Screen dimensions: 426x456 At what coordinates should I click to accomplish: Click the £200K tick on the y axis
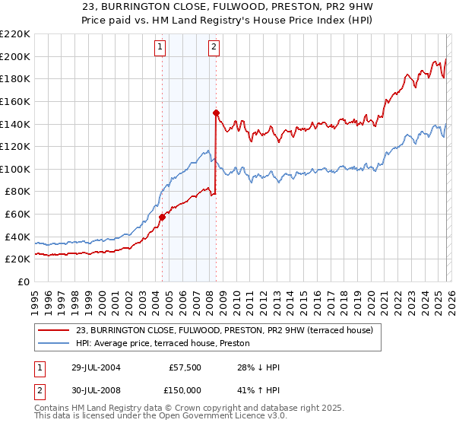(x=16, y=56)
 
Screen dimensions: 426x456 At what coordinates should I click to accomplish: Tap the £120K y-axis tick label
(x=16, y=147)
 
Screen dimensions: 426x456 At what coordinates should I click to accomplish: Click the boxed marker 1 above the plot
(x=161, y=47)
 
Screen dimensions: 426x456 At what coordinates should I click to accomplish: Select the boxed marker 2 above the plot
(x=214, y=47)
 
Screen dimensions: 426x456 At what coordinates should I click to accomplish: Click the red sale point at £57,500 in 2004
(x=162, y=217)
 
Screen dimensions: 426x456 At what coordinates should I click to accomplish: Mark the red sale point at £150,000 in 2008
(x=216, y=113)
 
